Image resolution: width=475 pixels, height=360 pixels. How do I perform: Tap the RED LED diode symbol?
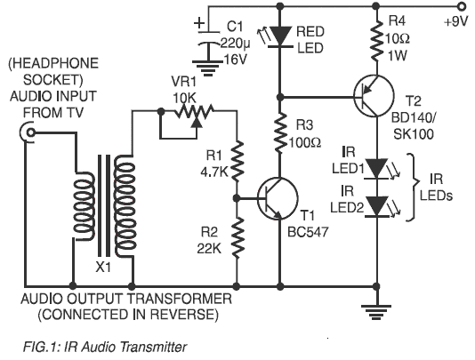tap(282, 36)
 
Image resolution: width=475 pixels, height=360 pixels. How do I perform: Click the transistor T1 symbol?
tap(273, 199)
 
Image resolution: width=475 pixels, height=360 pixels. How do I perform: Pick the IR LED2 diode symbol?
tap(372, 205)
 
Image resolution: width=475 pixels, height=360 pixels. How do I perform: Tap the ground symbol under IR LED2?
tap(372, 308)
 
